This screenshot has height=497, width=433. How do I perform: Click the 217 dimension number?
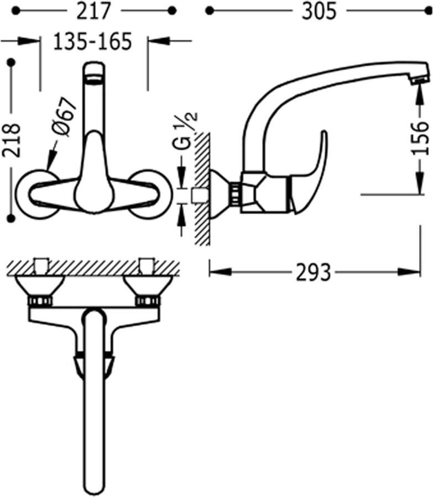tap(94, 12)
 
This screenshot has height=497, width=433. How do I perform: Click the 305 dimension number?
tap(319, 12)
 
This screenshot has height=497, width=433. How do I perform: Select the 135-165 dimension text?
tap(92, 41)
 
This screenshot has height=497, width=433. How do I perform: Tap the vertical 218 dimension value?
tap(12, 140)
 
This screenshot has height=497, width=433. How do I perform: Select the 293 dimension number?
tap(314, 272)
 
